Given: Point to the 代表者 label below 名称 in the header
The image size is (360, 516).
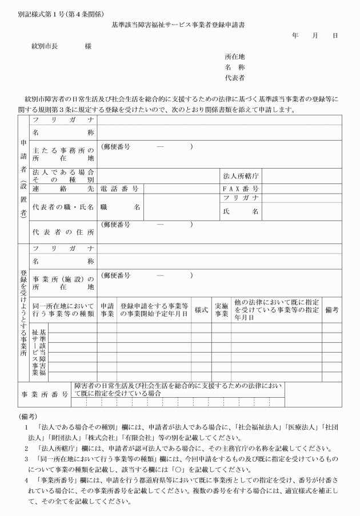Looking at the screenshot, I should click(x=235, y=77).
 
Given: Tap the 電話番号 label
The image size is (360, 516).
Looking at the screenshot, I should click(x=119, y=189).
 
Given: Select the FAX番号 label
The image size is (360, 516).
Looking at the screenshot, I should click(x=241, y=189).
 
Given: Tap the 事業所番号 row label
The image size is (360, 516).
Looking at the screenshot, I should click(x=45, y=394).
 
